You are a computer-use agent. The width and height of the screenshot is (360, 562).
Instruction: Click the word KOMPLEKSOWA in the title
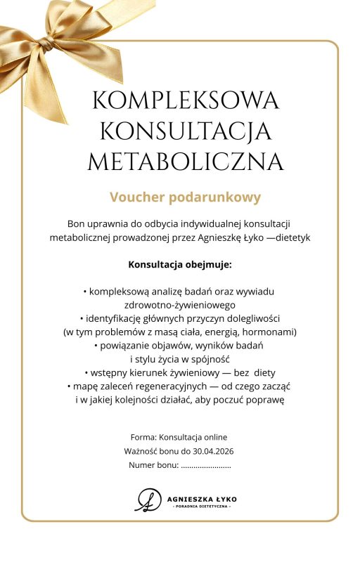[186, 100]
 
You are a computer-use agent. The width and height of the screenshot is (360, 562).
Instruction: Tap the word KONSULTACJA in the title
[186, 131]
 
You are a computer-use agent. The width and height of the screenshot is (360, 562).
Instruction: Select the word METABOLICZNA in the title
[186, 163]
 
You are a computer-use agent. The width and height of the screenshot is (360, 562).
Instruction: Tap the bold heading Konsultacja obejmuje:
[180, 266]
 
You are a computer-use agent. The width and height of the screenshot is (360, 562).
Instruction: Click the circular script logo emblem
[148, 499]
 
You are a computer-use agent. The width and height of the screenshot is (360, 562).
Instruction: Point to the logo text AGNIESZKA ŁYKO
[202, 497]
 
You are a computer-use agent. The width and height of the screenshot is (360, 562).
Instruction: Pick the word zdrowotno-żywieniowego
[180, 305]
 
